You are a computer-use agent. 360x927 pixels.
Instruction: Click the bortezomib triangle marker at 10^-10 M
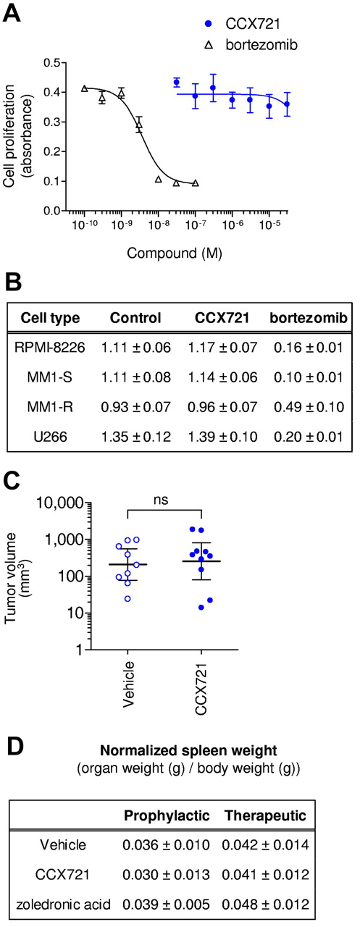tap(85, 88)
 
